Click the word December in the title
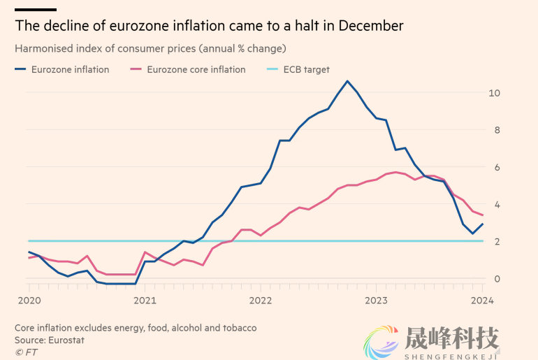[372, 26]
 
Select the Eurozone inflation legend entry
[69, 69]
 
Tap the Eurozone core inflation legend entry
[196, 69]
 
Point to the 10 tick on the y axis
[495, 93]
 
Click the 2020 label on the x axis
[29, 301]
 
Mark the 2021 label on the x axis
[145, 301]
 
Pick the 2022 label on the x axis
[260, 301]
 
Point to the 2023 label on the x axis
[376, 301]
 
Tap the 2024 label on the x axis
[482, 301]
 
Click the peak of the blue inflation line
[347, 81]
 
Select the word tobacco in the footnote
[238, 328]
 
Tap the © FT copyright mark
[26, 352]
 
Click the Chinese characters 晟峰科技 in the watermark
[451, 339]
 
